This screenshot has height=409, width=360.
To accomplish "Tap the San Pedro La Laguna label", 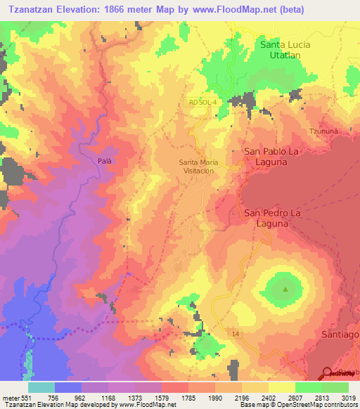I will (x=276, y=217).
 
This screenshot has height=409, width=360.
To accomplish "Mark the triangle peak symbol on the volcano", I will (x=285, y=289).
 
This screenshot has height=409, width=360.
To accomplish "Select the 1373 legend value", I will (x=134, y=397).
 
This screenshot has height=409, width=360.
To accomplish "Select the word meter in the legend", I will (x=12, y=397).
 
